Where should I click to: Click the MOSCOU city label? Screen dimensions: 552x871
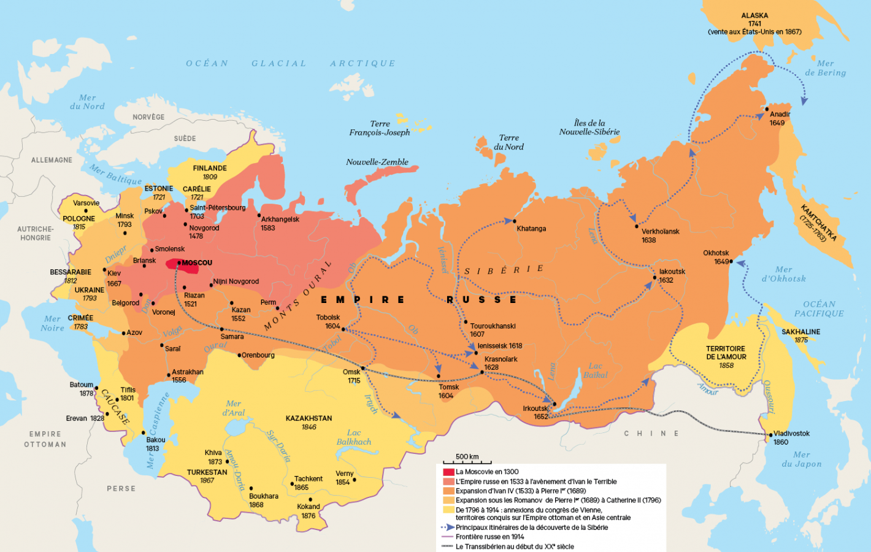point(197,263)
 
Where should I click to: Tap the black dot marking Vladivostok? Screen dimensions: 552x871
point(771,435)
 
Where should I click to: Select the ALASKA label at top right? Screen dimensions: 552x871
point(754,16)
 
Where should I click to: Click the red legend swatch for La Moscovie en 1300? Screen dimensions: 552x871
point(448,472)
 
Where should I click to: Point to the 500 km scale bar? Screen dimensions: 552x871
point(467,462)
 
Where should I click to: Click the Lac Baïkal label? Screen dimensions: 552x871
point(595,370)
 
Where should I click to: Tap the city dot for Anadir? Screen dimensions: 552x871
point(767,109)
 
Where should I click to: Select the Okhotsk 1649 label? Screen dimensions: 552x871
point(716,257)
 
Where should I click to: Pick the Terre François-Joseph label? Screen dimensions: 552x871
point(380,128)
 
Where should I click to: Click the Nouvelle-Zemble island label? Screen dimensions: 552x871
point(377,162)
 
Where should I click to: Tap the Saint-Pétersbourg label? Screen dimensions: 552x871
point(217,208)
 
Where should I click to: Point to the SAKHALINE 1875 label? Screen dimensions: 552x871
point(800,335)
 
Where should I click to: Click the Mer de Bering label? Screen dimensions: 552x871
point(825,68)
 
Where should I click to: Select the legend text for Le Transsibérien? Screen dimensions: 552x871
point(515,546)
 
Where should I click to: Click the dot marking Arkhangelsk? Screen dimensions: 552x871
point(259,215)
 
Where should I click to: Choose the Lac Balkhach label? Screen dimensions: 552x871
point(354,437)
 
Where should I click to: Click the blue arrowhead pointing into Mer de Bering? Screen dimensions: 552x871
point(804,101)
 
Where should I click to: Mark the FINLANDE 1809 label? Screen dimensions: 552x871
point(210,172)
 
